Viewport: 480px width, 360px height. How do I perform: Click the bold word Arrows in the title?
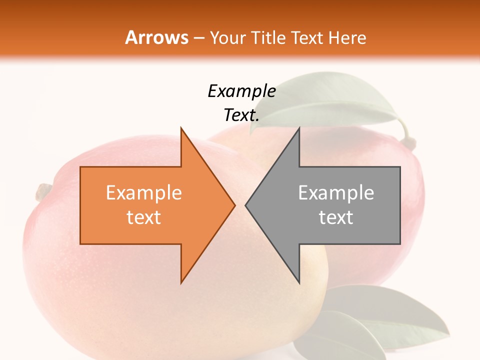click(x=156, y=37)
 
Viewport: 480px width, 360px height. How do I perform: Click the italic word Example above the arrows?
click(x=241, y=91)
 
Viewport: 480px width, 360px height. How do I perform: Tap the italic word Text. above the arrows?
click(x=241, y=115)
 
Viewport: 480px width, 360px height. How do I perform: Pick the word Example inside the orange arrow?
click(x=144, y=193)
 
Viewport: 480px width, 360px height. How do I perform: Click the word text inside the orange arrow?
click(x=144, y=217)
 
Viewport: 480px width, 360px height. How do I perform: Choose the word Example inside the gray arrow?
click(x=336, y=193)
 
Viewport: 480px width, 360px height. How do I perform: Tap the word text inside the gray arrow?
click(x=336, y=217)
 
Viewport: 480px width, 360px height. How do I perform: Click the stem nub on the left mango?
click(x=43, y=191)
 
